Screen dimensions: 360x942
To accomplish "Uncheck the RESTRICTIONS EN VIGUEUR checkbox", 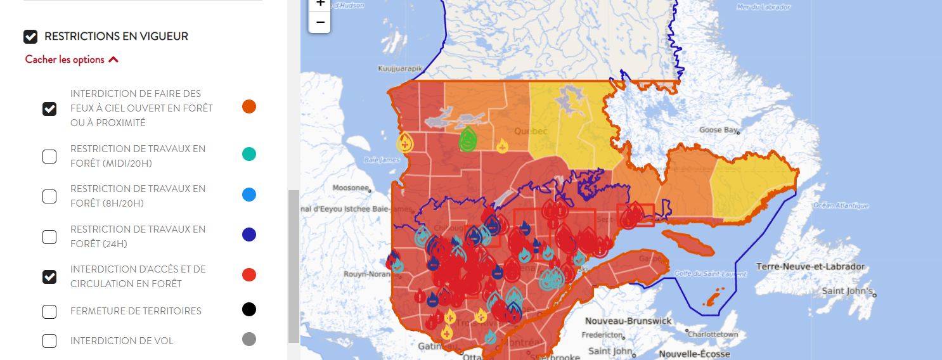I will point(30,37).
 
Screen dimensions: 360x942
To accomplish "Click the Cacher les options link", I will point(72,60).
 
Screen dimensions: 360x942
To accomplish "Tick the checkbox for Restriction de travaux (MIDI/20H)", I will point(49,157).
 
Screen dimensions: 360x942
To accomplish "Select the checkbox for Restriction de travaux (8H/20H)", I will point(49,196).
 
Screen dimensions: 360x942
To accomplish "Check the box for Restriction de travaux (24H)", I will point(49,237).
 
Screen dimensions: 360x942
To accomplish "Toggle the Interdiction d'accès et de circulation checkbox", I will point(49,277).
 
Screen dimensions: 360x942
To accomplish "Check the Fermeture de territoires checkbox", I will point(49,311).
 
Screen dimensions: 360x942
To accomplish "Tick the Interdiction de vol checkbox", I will point(49,341).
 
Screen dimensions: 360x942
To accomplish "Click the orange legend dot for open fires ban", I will point(249,106).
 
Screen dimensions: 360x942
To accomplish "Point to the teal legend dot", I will point(249,154).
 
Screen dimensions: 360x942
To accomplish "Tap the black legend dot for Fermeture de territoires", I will point(249,309).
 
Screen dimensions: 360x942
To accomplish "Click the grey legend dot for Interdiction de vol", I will point(249,339).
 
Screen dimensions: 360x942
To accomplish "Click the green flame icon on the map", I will point(468,139).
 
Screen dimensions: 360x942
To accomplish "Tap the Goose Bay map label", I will point(718,130).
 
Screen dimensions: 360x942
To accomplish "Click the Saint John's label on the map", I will point(848,292).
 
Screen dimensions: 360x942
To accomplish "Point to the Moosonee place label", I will point(351,188).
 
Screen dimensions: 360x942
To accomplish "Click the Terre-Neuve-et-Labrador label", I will point(810,267).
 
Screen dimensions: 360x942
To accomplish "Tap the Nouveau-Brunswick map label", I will point(628,321).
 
